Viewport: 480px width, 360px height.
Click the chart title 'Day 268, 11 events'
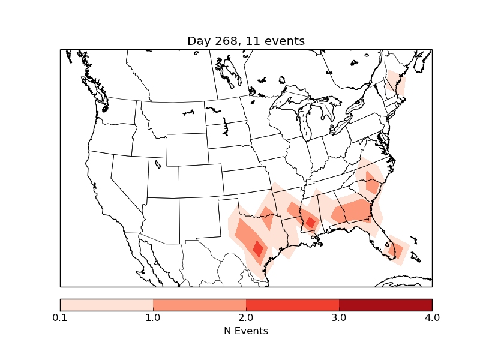click(246, 41)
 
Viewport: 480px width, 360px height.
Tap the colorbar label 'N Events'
click(246, 331)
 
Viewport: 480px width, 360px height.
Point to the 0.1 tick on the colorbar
click(60, 317)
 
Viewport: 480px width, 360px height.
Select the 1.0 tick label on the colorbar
click(153, 317)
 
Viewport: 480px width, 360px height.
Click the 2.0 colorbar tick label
click(246, 317)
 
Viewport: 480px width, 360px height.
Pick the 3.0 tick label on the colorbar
click(339, 317)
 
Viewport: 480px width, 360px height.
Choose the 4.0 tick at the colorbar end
click(432, 317)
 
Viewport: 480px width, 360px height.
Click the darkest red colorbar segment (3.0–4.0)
click(385, 305)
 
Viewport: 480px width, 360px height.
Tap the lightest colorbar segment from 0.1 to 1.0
click(106, 305)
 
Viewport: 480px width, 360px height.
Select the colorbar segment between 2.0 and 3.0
click(292, 305)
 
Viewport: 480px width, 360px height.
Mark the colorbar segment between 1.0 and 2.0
click(199, 305)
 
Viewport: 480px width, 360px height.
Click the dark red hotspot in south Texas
click(258, 248)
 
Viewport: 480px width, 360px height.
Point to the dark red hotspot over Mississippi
click(310, 222)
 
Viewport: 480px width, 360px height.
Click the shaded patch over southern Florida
click(397, 250)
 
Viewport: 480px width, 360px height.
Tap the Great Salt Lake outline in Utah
click(158, 163)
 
